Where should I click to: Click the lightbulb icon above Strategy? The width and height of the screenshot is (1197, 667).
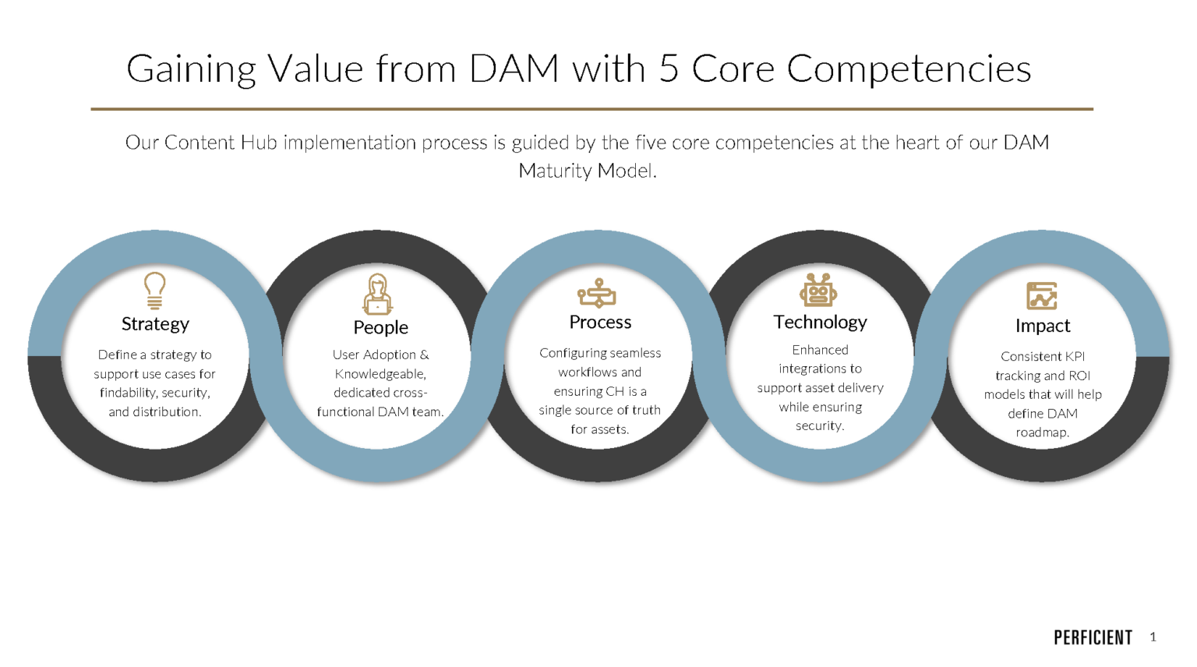pos(154,291)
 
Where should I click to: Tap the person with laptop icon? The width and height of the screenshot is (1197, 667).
pos(378,294)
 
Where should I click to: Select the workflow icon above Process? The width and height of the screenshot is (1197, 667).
pos(597,293)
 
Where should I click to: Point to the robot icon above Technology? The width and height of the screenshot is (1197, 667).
pos(818,290)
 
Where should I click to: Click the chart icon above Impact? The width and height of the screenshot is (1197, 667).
pos(1042,296)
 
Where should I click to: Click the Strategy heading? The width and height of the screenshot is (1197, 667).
pos(155,323)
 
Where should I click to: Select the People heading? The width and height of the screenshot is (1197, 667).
pos(380,327)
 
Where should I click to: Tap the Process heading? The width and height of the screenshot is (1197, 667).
pos(600,322)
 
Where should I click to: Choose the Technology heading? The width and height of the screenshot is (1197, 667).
pos(820,322)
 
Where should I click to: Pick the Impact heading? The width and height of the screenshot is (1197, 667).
pos(1043,326)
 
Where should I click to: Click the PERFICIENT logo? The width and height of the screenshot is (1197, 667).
pos(1093,637)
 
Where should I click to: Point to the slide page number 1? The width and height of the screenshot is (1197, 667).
pos(1153,637)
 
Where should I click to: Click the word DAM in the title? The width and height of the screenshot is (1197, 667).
pos(514,69)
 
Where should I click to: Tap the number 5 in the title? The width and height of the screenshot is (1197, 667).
pos(669,69)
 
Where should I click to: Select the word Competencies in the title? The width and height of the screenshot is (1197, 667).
pos(909,69)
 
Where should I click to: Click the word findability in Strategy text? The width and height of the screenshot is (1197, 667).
pos(128,393)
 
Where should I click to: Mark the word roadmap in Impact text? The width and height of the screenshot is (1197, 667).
pos(1042,432)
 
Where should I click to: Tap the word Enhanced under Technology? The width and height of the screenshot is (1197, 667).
pos(820,350)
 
